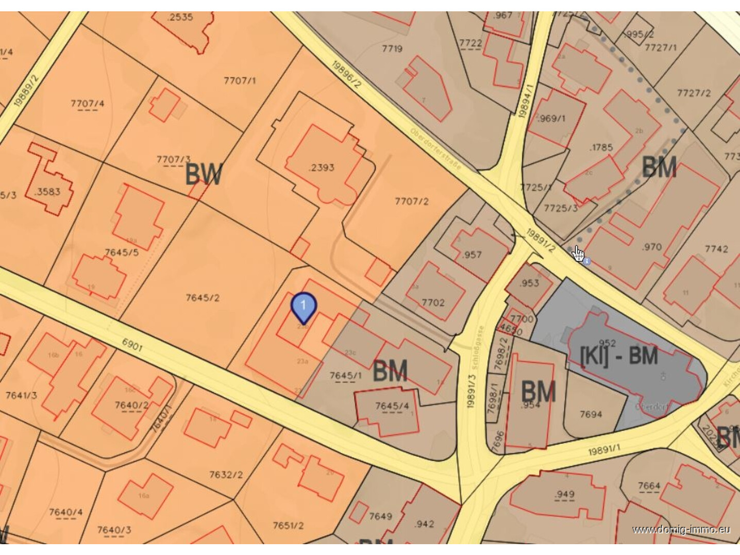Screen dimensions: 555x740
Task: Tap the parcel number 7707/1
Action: pyautogui.click(x=240, y=80)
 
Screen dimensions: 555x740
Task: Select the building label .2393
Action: pyautogui.click(x=322, y=167)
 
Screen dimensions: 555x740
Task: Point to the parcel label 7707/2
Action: pyautogui.click(x=411, y=201)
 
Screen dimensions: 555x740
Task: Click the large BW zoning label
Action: pyautogui.click(x=204, y=174)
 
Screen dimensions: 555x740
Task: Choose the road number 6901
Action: pyautogui.click(x=132, y=345)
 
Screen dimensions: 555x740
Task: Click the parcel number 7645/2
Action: pyautogui.click(x=203, y=298)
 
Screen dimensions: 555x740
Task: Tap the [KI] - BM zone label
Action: pyautogui.click(x=619, y=356)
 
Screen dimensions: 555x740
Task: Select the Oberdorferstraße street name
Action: pyautogui.click(x=436, y=149)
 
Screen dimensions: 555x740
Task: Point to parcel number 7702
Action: pyautogui.click(x=433, y=302)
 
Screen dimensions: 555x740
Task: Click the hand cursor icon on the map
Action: pyautogui.click(x=578, y=253)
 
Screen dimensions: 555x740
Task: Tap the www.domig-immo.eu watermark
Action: pyautogui.click(x=681, y=529)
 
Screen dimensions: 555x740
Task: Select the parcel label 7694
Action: pyautogui.click(x=591, y=414)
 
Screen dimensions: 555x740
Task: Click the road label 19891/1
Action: pyautogui.click(x=604, y=450)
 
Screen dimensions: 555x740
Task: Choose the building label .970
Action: pyautogui.click(x=651, y=247)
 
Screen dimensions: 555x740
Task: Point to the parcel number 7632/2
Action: pyautogui.click(x=226, y=474)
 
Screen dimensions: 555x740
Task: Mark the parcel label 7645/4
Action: pyautogui.click(x=392, y=406)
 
